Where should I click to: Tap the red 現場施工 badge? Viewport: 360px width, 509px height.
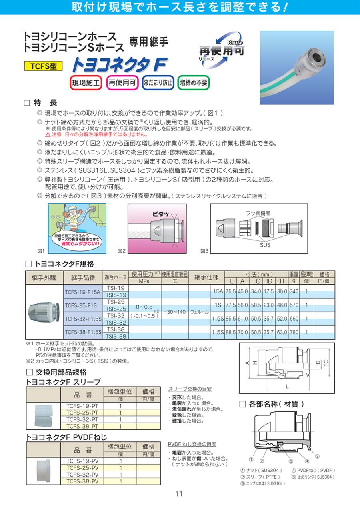86,83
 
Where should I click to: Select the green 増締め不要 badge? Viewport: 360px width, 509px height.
194,83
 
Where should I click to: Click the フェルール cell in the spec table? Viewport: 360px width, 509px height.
198,312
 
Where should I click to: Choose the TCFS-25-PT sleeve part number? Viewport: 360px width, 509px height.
82,412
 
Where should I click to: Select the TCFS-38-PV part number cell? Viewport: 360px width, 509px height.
82,481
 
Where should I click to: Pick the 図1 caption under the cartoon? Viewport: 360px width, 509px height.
40,251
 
